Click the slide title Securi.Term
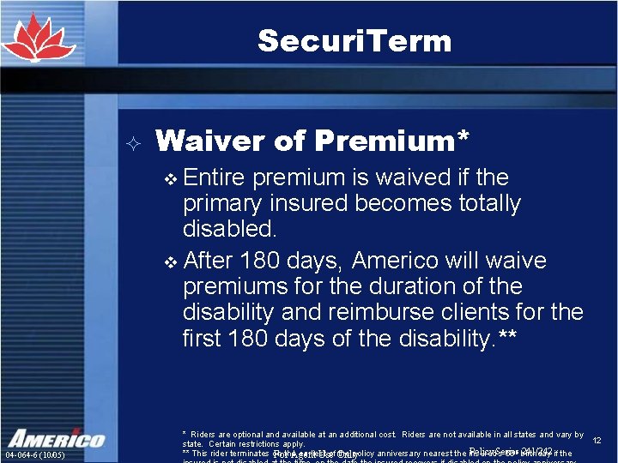354,41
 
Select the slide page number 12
597,440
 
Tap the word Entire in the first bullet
214,177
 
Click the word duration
416,286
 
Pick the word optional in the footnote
245,436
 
